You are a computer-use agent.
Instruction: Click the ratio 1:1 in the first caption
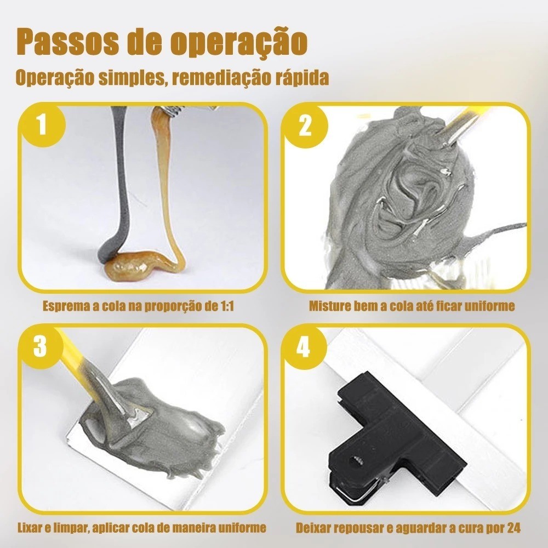(x=227, y=306)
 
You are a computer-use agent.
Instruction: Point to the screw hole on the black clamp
(x=358, y=461)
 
